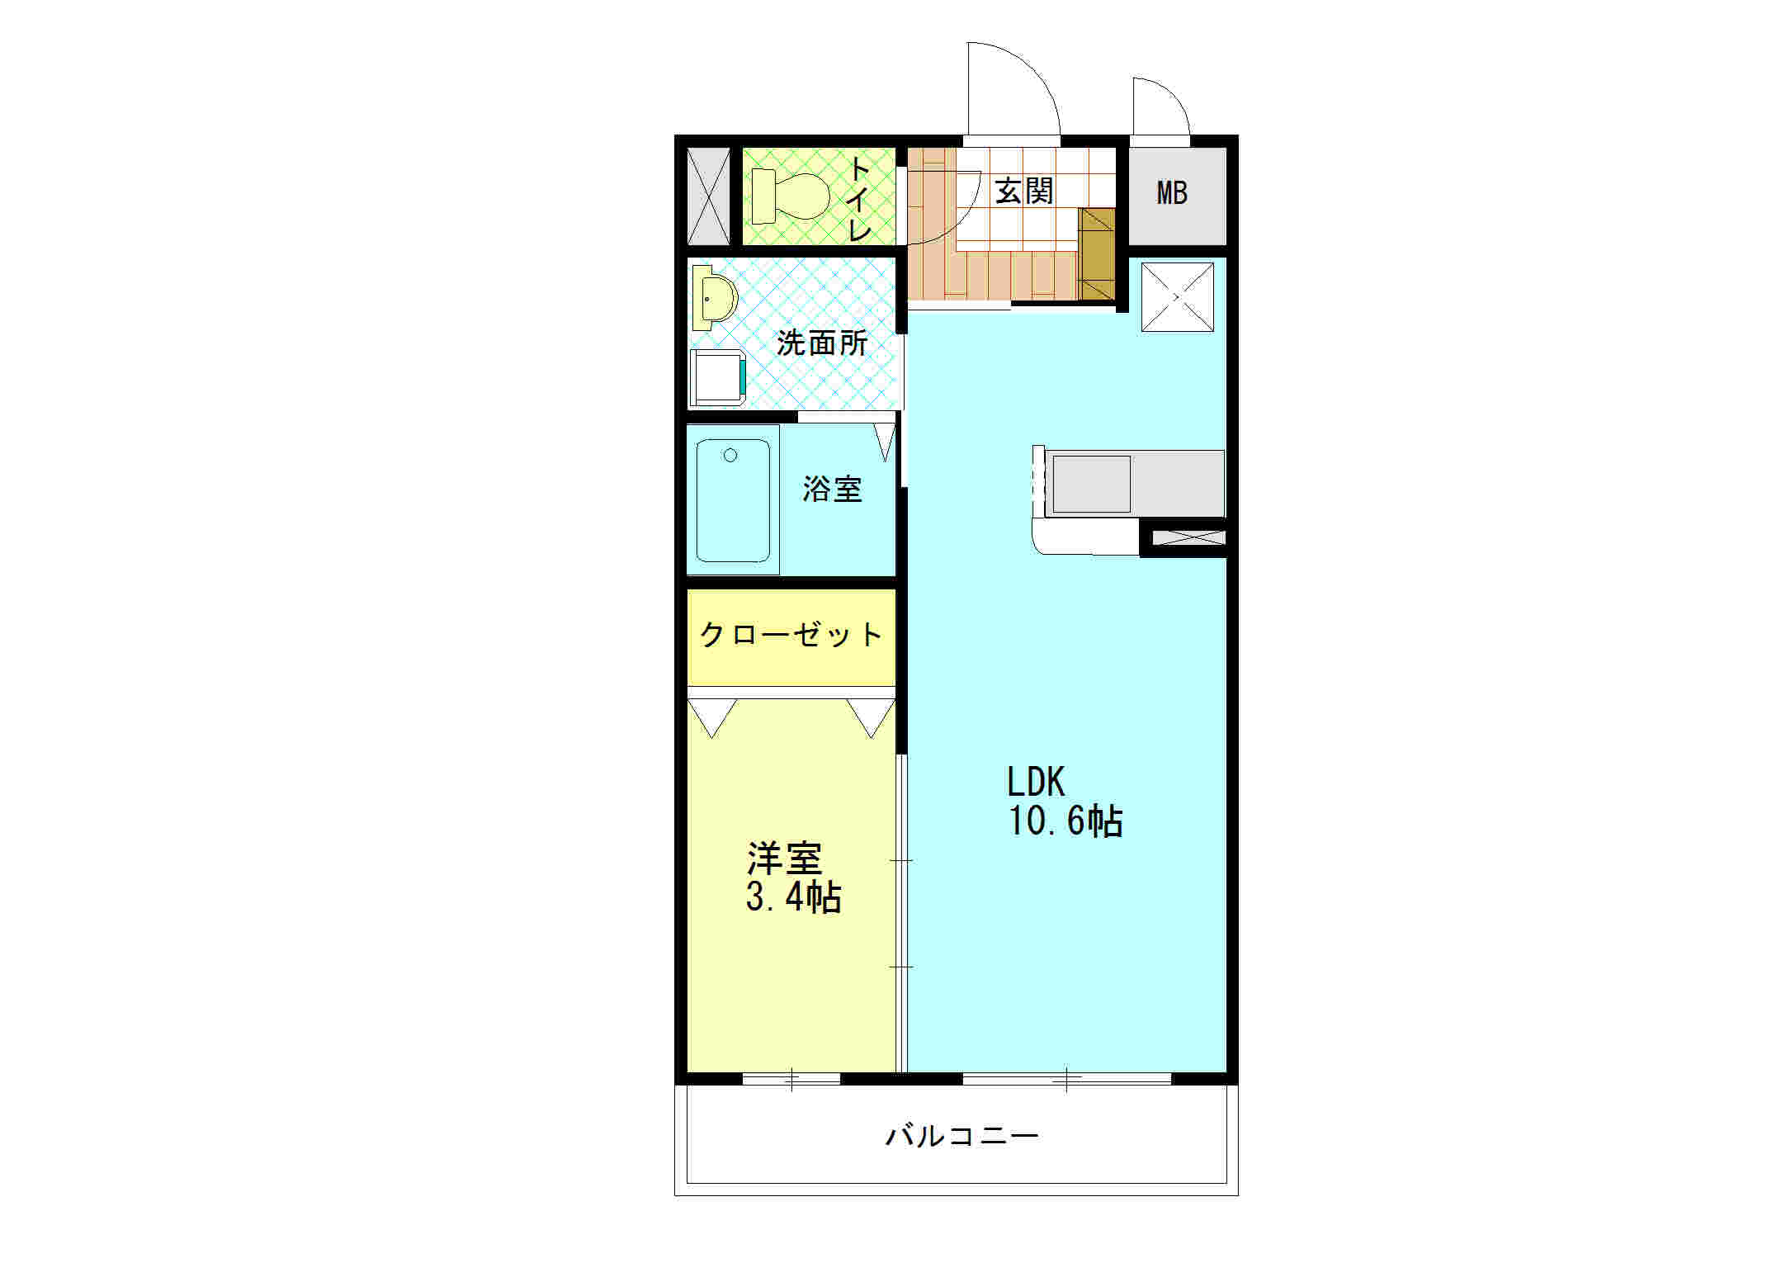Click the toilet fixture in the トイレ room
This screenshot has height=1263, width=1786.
792,196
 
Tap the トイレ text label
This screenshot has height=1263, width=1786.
859,199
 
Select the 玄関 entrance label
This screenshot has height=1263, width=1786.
1024,192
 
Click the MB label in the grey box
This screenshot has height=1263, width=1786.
1172,193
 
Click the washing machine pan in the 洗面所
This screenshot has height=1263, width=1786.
717,377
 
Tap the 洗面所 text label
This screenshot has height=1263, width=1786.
822,343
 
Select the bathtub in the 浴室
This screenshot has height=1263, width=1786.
733,500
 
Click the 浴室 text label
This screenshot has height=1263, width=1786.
832,490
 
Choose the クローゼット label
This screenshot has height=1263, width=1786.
791,635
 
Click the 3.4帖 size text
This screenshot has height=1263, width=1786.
793,897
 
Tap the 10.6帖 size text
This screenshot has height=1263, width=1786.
1065,821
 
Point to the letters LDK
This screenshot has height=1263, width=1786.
1035,781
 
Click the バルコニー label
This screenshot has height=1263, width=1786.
962,1137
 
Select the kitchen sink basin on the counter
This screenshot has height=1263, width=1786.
1090,484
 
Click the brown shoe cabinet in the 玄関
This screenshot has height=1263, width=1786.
1097,254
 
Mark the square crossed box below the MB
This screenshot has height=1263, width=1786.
1178,297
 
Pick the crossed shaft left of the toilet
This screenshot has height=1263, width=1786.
709,196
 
